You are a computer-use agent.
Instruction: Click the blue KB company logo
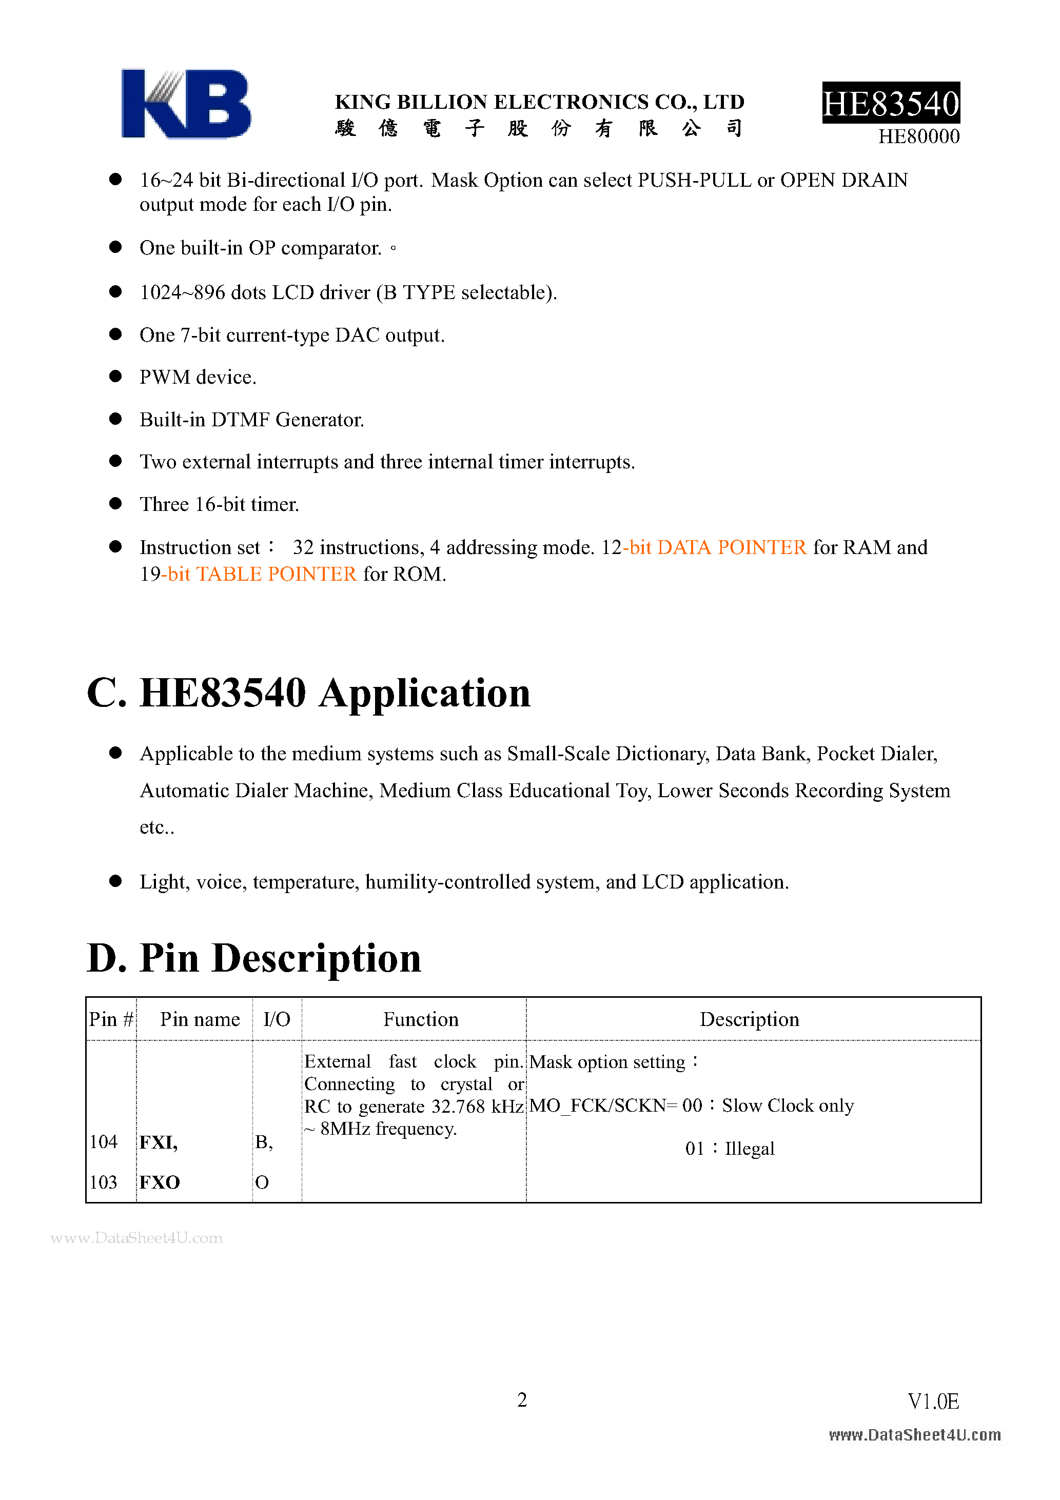click(186, 104)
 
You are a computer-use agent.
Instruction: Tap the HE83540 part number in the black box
click(891, 103)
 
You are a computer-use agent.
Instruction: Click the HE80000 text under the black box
click(918, 136)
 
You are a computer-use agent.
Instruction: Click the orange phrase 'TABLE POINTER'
click(276, 574)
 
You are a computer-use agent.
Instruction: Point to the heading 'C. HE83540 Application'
click(308, 693)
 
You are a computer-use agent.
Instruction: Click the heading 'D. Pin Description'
click(254, 958)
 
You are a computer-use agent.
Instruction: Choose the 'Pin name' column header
click(200, 1020)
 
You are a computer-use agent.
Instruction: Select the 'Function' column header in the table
click(421, 1020)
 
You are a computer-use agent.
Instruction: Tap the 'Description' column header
click(749, 1020)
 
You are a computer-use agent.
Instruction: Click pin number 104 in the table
click(103, 1142)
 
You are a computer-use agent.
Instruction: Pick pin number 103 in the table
click(103, 1182)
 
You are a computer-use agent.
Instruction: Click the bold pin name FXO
click(160, 1182)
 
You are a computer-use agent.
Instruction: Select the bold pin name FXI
click(158, 1142)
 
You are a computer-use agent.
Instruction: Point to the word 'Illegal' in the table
click(750, 1149)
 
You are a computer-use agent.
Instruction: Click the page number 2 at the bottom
click(522, 1400)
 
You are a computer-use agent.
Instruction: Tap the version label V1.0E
click(933, 1402)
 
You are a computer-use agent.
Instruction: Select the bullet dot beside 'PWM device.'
click(115, 377)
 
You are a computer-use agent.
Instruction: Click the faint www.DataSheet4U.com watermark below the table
click(136, 1238)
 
